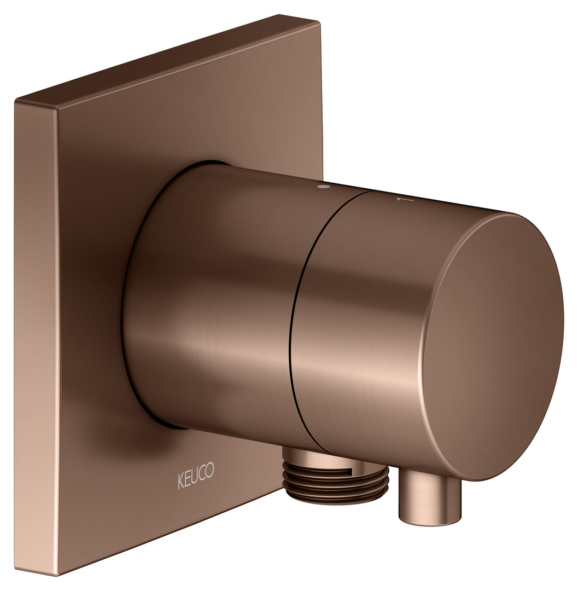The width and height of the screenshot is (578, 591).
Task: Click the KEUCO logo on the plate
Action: tap(196, 476)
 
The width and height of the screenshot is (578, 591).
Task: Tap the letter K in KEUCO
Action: tap(181, 482)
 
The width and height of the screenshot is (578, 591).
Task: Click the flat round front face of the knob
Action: tap(497, 347)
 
